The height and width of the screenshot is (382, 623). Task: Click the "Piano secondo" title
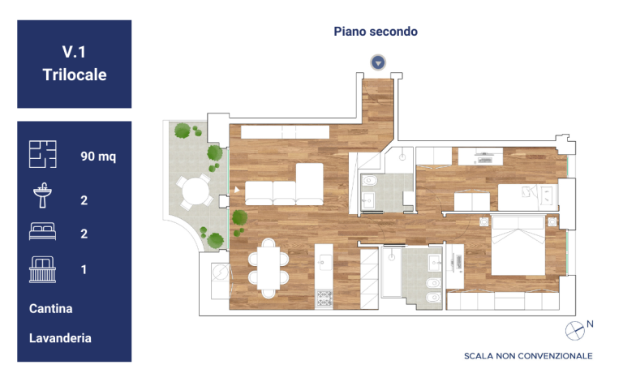pyautogui.click(x=376, y=32)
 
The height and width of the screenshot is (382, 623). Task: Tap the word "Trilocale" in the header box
pyautogui.click(x=75, y=75)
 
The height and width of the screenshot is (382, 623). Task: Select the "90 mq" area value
pyautogui.click(x=98, y=156)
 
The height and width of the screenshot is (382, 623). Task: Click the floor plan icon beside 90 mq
pyautogui.click(x=42, y=154)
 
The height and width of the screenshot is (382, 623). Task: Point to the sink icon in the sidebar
pyautogui.click(x=42, y=195)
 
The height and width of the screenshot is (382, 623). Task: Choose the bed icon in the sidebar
pyautogui.click(x=42, y=231)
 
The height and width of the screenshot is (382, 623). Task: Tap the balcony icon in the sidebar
pyautogui.click(x=42, y=269)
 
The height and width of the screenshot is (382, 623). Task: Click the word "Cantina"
pyautogui.click(x=50, y=308)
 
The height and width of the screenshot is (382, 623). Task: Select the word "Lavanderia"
pyautogui.click(x=60, y=338)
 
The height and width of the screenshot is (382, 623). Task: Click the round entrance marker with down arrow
pyautogui.click(x=378, y=62)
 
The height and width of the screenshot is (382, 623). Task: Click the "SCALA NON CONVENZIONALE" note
pyautogui.click(x=528, y=356)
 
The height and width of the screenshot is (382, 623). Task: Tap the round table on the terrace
pyautogui.click(x=195, y=191)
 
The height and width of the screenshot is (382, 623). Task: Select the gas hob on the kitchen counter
pyautogui.click(x=324, y=298)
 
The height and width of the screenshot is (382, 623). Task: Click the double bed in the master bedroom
pyautogui.click(x=518, y=245)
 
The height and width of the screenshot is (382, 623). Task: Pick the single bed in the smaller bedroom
pyautogui.click(x=527, y=197)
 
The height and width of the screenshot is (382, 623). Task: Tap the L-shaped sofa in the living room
pyautogui.click(x=284, y=184)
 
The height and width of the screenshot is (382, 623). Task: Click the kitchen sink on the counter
pyautogui.click(x=325, y=263)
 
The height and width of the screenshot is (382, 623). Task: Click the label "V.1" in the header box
pyautogui.click(x=74, y=52)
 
